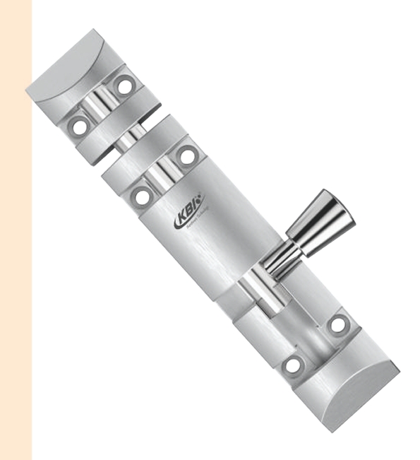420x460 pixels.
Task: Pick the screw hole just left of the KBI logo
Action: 143,196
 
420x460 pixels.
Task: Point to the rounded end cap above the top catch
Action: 64,71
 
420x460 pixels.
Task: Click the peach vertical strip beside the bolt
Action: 16,230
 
